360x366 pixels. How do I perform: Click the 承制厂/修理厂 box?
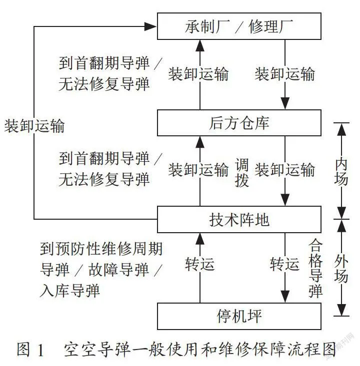(x=239, y=26)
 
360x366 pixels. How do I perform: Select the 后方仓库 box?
(x=239, y=123)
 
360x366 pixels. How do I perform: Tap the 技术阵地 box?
(x=239, y=219)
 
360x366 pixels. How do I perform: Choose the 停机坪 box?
(x=239, y=316)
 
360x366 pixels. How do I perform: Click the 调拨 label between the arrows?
(x=242, y=173)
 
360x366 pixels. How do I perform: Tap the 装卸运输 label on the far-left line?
(x=34, y=126)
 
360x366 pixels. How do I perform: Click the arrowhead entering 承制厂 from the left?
(x=150, y=26)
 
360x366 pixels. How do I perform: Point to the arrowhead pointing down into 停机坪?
(x=285, y=297)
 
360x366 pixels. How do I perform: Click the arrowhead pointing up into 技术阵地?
(x=200, y=239)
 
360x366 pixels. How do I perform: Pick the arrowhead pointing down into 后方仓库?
(x=285, y=103)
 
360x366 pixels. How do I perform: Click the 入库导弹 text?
(x=70, y=291)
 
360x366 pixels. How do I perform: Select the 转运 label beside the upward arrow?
(x=200, y=264)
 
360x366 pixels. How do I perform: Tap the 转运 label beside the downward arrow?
(x=284, y=264)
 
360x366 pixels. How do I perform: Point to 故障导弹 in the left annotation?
(x=118, y=269)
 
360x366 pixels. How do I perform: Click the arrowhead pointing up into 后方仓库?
(x=200, y=142)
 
